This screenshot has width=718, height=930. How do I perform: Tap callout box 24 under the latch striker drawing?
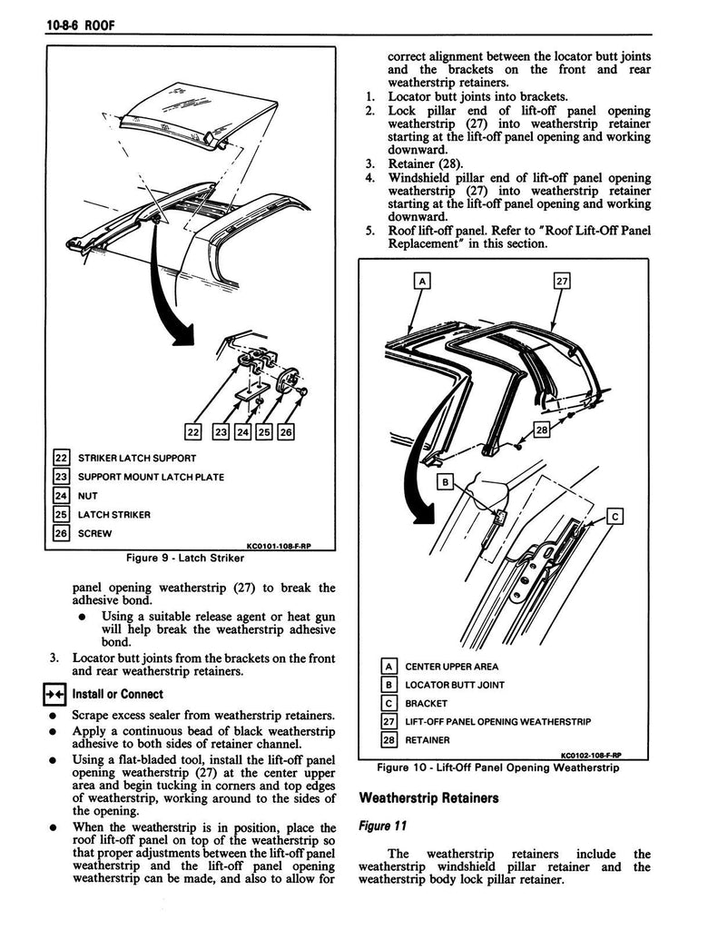pos(242,432)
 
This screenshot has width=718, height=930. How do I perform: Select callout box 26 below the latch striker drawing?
pos(286,432)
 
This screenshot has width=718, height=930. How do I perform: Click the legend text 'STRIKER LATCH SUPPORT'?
pos(137,458)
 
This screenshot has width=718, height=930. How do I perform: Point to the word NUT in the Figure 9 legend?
pos(88,496)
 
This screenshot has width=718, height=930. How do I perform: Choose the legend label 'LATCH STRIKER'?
pos(114,515)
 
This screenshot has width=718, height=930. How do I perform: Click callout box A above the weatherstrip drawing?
pos(421,282)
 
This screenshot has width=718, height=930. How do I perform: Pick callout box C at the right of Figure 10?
pos(614,518)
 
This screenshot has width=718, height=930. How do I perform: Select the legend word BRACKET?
pos(427,703)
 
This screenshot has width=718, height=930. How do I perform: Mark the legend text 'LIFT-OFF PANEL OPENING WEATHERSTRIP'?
pos(498,722)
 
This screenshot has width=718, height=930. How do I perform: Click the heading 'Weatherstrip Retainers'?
pos(429,799)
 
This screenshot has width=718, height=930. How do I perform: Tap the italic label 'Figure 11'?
pos(383,826)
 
